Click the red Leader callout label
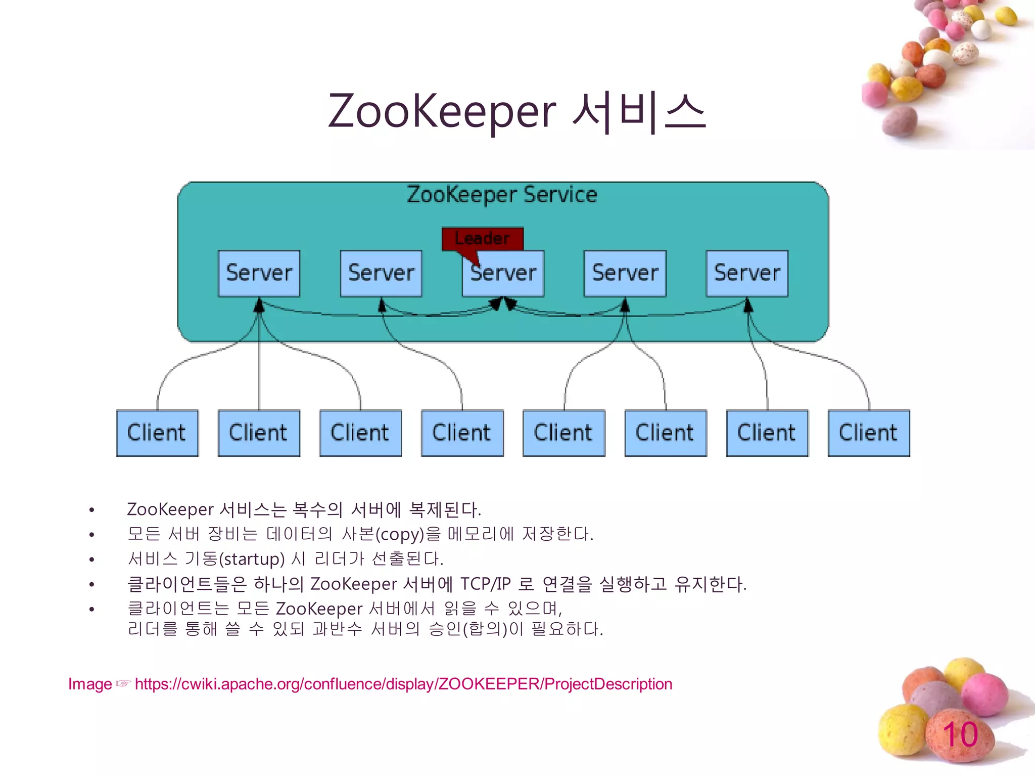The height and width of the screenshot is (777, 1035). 482,238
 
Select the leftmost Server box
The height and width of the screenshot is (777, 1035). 259,273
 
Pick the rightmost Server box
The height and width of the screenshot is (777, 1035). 747,273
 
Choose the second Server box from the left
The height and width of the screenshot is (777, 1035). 381,273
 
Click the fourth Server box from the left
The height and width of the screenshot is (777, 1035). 625,273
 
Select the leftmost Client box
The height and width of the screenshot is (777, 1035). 157,433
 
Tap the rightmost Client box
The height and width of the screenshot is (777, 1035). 869,433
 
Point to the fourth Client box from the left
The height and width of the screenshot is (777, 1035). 462,433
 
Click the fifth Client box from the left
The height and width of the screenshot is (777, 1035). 563,433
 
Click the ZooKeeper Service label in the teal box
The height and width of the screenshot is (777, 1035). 502,195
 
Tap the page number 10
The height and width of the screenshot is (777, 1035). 960,735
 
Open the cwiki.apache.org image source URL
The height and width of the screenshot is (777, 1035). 403,684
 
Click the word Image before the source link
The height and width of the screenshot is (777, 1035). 90,684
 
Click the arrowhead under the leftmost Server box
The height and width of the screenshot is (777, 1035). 259,305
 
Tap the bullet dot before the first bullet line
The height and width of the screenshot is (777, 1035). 91,510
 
